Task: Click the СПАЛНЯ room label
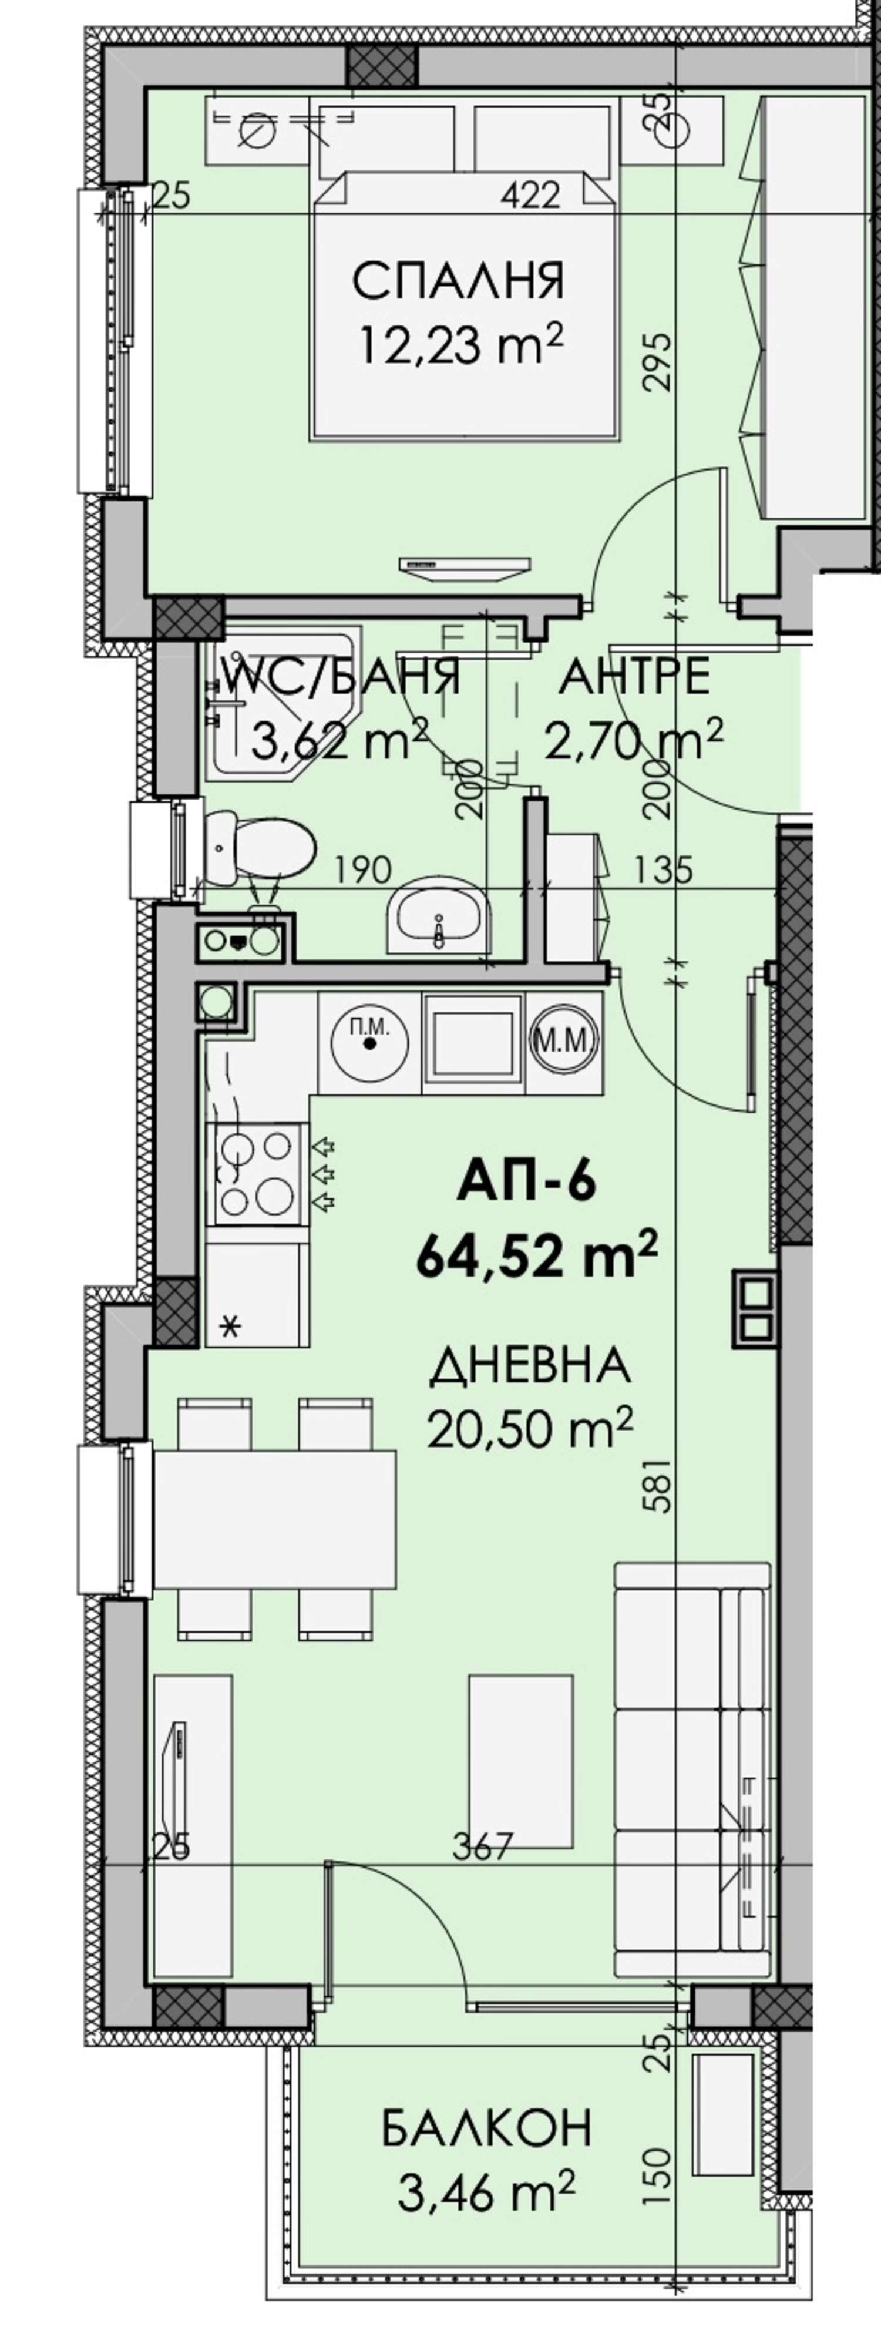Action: [458, 281]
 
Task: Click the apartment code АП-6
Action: [527, 1183]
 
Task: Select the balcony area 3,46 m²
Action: [486, 2192]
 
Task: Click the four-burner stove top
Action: [256, 1174]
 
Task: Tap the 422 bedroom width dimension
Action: [530, 194]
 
